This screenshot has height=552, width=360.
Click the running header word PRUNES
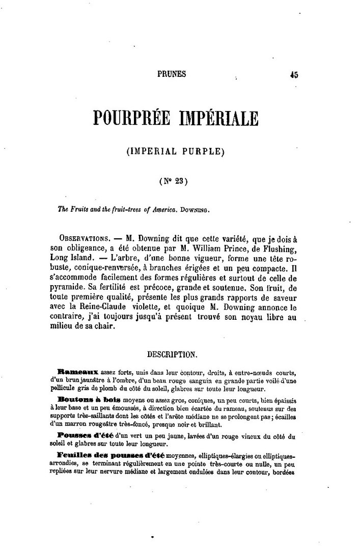pyautogui.click(x=172, y=74)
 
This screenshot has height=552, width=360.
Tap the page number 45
pyautogui.click(x=293, y=74)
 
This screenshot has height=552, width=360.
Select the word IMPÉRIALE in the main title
pyautogui.click(x=219, y=119)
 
